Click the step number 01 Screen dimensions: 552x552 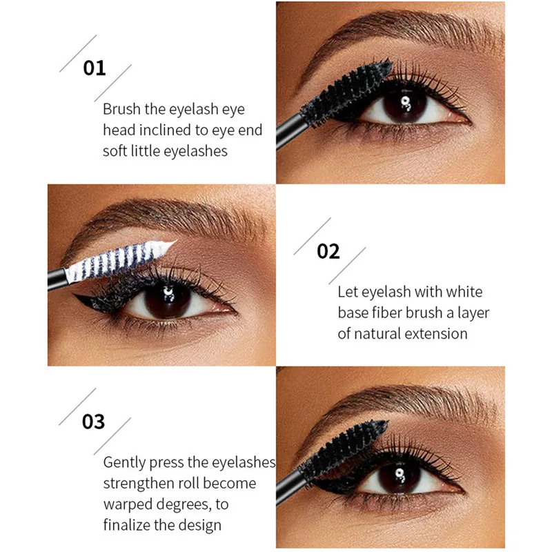(95, 68)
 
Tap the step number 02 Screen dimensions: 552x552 (328, 251)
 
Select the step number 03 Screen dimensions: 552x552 (93, 422)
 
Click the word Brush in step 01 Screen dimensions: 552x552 (121, 109)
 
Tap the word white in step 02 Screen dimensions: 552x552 (464, 292)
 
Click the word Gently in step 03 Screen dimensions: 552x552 (125, 463)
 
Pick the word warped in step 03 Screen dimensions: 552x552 (128, 504)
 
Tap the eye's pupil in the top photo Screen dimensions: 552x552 (405, 105)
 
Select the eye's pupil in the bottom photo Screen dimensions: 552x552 (400, 477)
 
